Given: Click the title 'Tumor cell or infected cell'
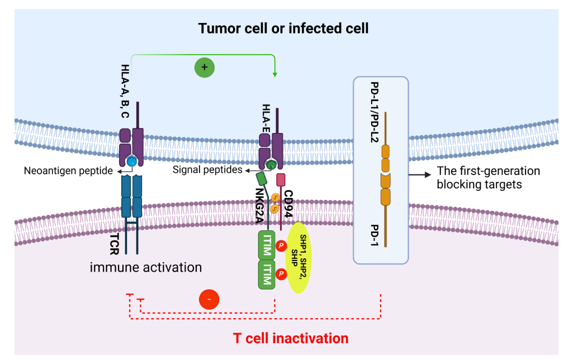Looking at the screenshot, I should point(283,28).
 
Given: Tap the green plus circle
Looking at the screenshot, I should point(204,68).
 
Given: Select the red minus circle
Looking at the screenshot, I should point(209,300).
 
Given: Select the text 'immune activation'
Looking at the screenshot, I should point(146,267).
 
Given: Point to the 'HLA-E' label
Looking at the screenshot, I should point(266,117).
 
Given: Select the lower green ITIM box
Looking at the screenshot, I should point(267,275).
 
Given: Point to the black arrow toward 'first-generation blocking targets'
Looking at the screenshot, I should point(419,176).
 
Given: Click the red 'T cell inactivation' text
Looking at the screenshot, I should point(290,338).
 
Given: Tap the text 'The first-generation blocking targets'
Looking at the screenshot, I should point(488,177).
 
